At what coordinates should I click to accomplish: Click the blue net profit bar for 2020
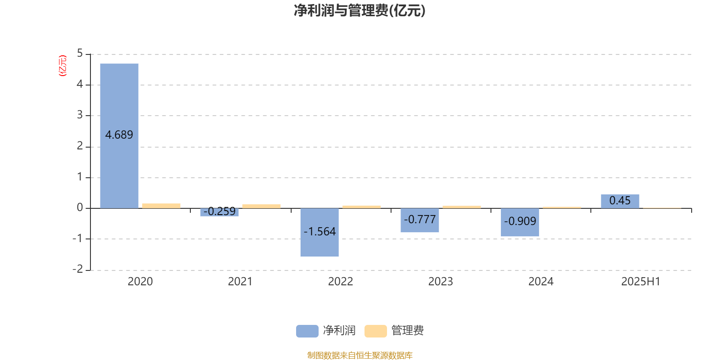click(119, 136)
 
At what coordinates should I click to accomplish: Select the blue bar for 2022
click(319, 232)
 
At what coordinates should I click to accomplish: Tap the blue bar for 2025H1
click(620, 201)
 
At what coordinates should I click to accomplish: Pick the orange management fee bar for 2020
click(162, 206)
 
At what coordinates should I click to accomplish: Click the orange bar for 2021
click(261, 207)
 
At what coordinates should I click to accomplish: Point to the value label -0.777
click(420, 220)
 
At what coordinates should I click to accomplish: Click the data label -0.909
click(520, 221)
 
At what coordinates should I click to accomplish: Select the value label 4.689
click(119, 135)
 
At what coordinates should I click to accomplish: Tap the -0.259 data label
click(220, 211)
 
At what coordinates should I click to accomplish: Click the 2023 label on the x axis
click(441, 282)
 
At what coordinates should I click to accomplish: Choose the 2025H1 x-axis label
click(641, 282)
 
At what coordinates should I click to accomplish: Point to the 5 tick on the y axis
click(80, 53)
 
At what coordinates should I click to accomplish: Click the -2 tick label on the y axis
click(78, 269)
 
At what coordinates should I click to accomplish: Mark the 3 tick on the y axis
click(80, 115)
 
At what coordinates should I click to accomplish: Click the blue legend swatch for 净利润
click(307, 331)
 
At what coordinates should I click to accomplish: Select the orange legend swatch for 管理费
click(375, 331)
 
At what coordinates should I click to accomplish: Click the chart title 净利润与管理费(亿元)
click(360, 11)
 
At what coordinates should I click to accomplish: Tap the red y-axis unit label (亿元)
click(63, 66)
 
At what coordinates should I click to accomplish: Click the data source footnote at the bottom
click(360, 355)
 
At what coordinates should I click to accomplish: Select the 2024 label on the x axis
click(540, 282)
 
